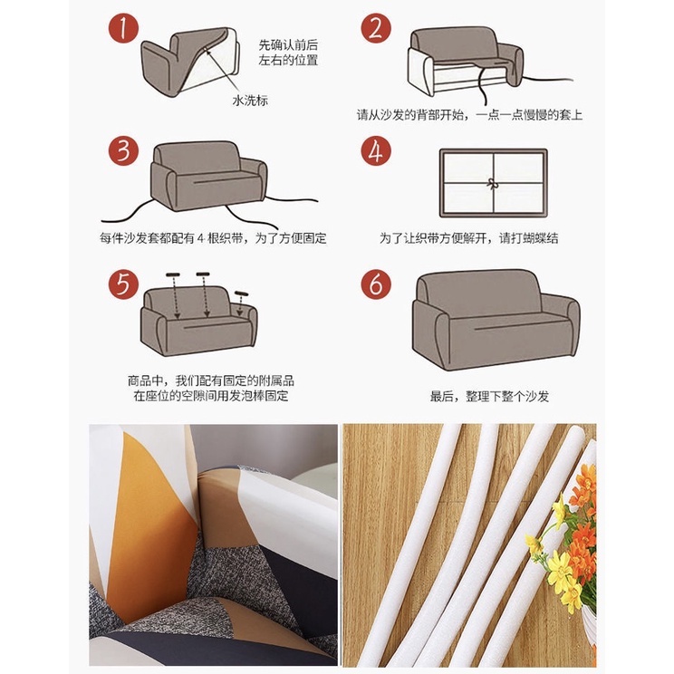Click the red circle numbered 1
click(123, 28)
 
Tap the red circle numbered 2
click(376, 28)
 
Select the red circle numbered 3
click(123, 151)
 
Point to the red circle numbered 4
click(376, 151)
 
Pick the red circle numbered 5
click(123, 284)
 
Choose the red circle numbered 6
click(376, 284)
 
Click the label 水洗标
click(250, 101)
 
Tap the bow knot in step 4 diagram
click(492, 183)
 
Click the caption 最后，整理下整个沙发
click(489, 396)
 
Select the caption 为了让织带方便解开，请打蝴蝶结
click(468, 237)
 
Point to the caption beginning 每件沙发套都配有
click(213, 237)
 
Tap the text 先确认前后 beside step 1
click(288, 44)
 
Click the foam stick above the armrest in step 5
click(241, 294)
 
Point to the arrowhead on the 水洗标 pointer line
click(208, 52)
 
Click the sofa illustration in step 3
click(208, 177)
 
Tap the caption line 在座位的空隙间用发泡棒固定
click(210, 396)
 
